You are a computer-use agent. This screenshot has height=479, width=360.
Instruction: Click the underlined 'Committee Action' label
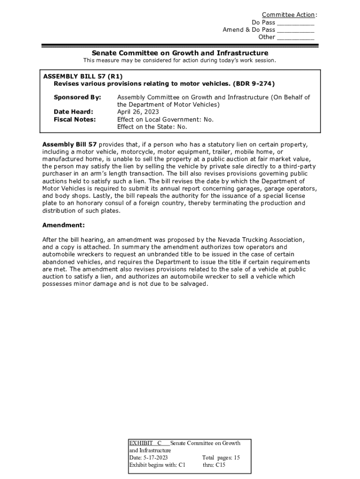pyautogui.click(x=288, y=15)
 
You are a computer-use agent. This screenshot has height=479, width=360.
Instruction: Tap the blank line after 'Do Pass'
pyautogui.click(x=295, y=23)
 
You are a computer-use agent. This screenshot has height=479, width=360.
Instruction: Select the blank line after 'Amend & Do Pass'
pyautogui.click(x=295, y=30)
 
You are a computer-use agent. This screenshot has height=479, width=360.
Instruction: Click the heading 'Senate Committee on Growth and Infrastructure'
pyautogui.click(x=180, y=53)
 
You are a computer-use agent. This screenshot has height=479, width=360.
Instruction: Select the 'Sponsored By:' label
pyautogui.click(x=77, y=97)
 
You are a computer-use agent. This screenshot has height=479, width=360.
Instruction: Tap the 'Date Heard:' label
pyautogui.click(x=73, y=112)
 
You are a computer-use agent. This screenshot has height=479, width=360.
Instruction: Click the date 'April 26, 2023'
pyautogui.click(x=138, y=112)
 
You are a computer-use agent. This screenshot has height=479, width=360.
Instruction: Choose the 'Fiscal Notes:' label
pyautogui.click(x=75, y=119)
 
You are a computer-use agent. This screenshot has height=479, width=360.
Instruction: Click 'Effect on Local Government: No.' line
pyautogui.click(x=165, y=119)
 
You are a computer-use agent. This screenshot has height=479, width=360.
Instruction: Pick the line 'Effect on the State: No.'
pyautogui.click(x=152, y=127)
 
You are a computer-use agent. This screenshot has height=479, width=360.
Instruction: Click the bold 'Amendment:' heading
pyautogui.click(x=64, y=225)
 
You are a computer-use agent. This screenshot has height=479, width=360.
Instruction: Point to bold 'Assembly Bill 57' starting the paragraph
pyautogui.click(x=69, y=145)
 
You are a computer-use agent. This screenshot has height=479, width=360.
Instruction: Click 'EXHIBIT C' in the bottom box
pyautogui.click(x=145, y=443)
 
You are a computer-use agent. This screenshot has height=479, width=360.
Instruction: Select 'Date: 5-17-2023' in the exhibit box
pyautogui.click(x=148, y=457)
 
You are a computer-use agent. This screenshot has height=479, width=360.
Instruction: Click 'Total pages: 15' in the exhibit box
pyautogui.click(x=221, y=457)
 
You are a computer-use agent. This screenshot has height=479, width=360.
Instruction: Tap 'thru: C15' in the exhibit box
pyautogui.click(x=214, y=465)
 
